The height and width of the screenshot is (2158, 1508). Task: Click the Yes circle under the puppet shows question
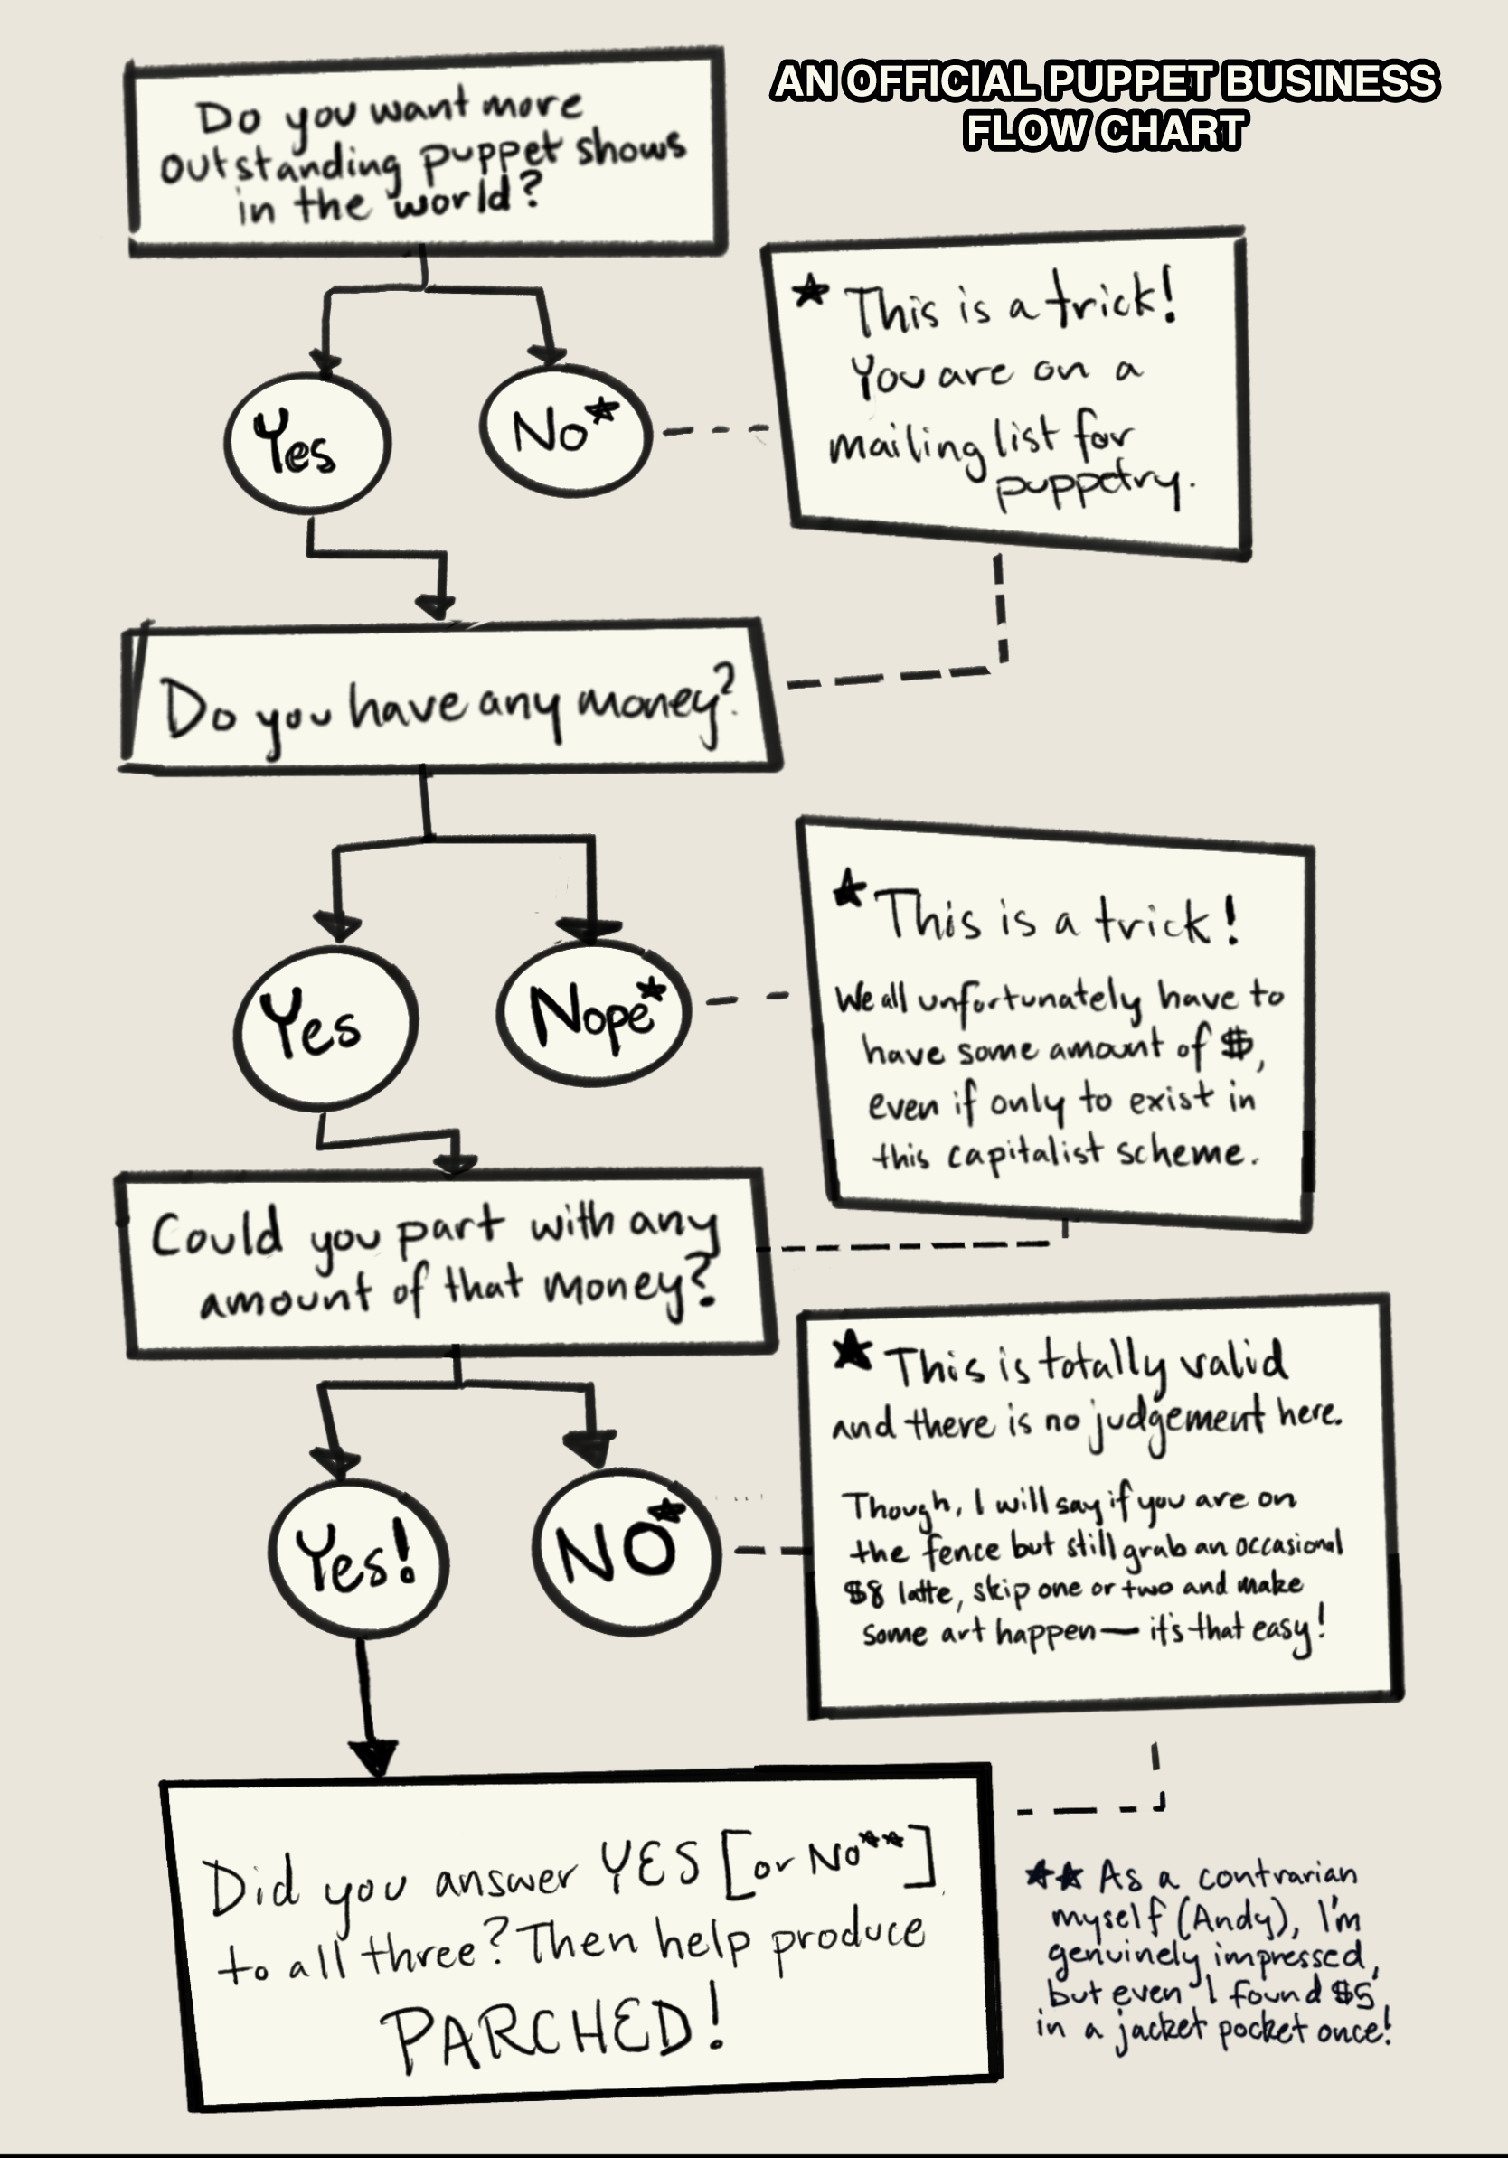coord(307,445)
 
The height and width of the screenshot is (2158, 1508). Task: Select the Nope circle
coord(593,1011)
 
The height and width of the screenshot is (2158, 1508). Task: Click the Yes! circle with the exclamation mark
coord(357,1562)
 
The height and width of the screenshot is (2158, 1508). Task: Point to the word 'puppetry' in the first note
coord(1089,488)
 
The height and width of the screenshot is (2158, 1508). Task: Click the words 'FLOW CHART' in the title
coord(1105,131)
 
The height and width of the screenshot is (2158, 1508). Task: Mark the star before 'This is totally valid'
coord(852,1353)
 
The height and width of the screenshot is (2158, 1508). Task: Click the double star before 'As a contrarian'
coord(1053,1876)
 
